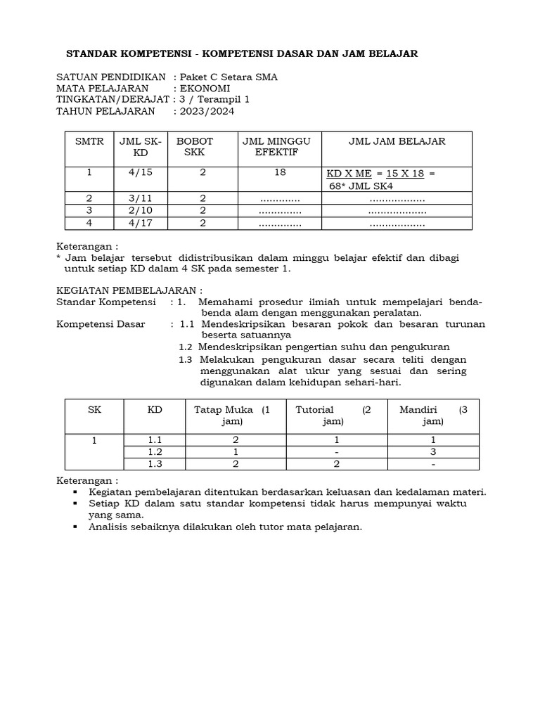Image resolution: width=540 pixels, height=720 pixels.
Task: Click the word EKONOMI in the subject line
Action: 205,88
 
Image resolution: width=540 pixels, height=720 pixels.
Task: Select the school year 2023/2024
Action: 207,110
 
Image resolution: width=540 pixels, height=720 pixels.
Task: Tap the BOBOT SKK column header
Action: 194,146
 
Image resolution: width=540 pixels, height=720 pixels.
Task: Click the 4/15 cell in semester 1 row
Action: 140,173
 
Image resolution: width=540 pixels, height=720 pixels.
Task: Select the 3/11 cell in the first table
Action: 140,198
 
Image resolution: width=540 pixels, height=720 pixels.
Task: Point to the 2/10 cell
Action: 140,210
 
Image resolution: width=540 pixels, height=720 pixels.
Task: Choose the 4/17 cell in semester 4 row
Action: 140,223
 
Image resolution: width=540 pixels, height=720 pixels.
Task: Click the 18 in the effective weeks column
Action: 280,173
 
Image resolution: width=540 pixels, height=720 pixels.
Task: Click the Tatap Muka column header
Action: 231,416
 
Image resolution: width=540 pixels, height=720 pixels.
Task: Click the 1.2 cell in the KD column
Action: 155,451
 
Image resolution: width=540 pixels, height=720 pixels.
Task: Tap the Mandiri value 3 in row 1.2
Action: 433,451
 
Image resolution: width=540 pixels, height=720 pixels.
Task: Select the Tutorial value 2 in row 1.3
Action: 337,464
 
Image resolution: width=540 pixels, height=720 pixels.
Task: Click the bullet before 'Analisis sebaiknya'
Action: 74,527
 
